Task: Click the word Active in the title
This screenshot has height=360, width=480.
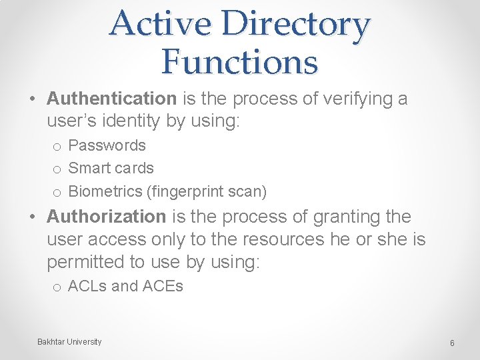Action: tap(160, 24)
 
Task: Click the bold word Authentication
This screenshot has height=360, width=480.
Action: tap(111, 99)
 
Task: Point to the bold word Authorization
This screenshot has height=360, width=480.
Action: tap(106, 217)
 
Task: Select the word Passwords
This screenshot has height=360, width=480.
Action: tap(107, 145)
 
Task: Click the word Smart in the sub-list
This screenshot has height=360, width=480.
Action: tap(89, 168)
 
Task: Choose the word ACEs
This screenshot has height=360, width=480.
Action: tap(163, 287)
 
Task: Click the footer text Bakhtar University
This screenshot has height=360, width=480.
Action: tap(69, 342)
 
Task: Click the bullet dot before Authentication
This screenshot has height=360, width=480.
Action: tap(33, 99)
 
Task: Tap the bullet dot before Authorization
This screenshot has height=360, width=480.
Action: tap(33, 217)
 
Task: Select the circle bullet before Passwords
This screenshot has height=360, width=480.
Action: tap(57, 146)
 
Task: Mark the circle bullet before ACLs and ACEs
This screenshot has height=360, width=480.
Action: tap(57, 287)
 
